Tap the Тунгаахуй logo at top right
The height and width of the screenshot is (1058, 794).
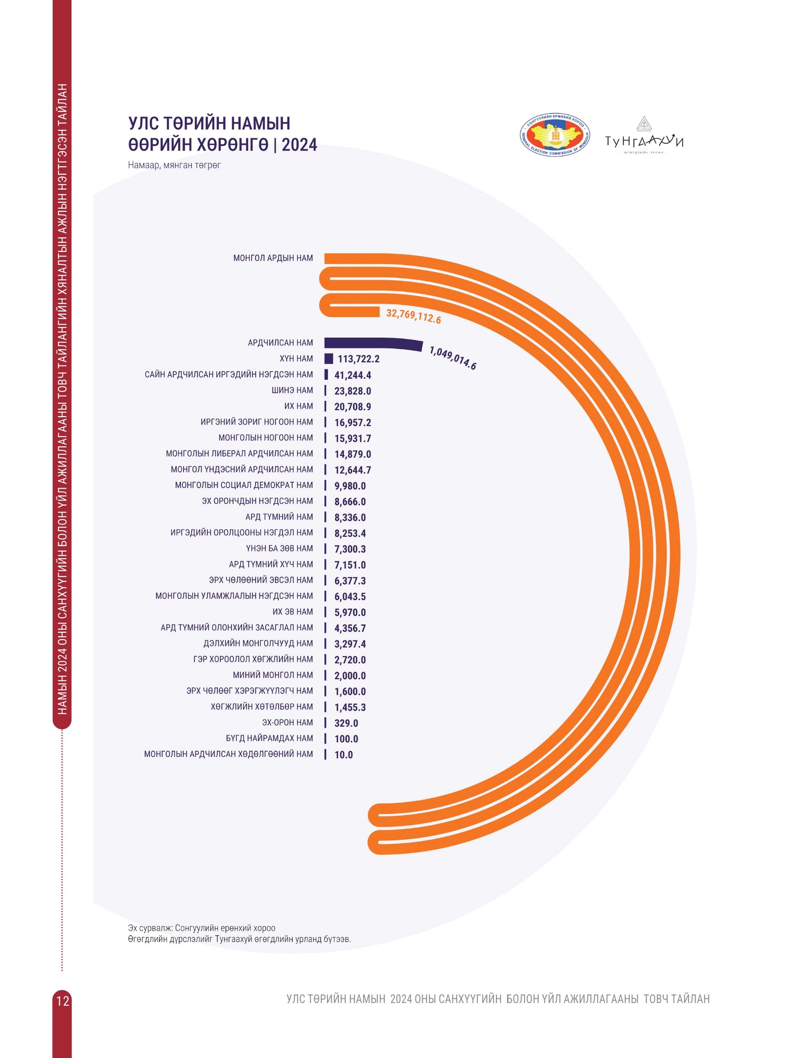(x=644, y=137)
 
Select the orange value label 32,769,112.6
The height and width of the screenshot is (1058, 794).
(x=413, y=316)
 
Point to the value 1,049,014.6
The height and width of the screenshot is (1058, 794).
(x=452, y=358)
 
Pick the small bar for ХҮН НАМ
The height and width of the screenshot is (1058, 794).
(x=328, y=359)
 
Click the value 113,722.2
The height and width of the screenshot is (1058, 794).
(x=359, y=359)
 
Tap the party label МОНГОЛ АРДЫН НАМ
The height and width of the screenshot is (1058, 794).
(x=273, y=258)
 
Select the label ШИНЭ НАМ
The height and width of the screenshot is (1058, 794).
(x=292, y=390)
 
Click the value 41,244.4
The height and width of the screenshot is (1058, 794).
(x=353, y=375)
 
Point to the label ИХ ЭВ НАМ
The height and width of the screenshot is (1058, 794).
(x=292, y=612)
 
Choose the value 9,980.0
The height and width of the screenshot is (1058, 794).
(x=350, y=486)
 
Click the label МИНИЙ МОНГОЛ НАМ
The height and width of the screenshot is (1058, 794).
(x=273, y=675)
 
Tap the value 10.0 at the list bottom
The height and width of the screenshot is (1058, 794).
(x=343, y=755)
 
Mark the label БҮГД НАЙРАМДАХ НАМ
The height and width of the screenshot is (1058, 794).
(x=270, y=739)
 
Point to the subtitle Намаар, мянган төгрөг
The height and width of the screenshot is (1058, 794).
(x=174, y=165)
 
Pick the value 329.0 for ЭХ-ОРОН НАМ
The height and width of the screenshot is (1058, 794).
(x=346, y=723)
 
